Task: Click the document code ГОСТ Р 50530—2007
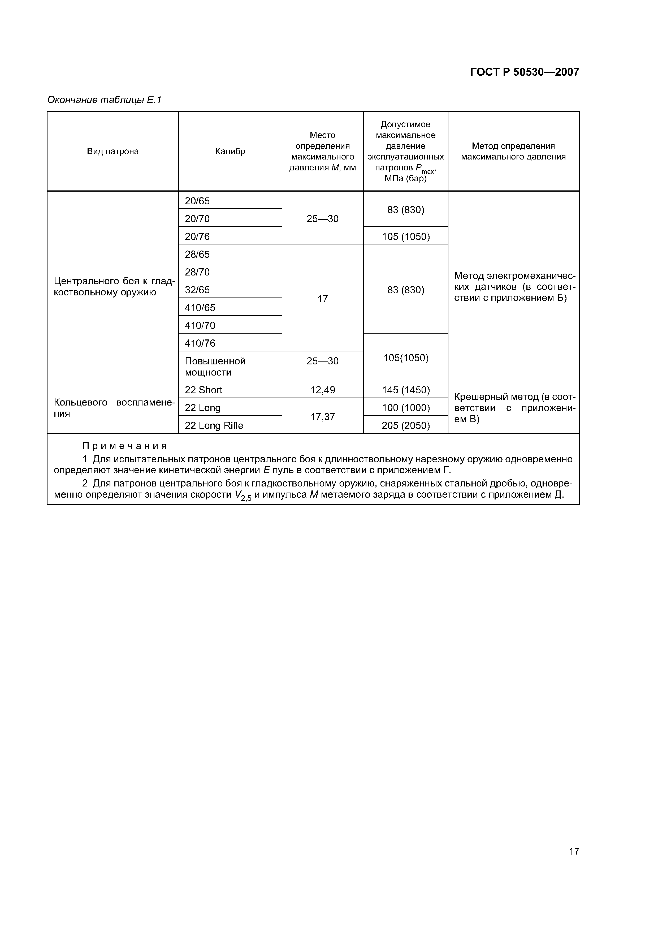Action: (524, 72)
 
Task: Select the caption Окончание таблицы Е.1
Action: (104, 100)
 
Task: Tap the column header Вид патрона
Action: (113, 151)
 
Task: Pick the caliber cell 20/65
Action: (197, 201)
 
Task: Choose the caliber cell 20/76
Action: (197, 236)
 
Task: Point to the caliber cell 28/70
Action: (197, 272)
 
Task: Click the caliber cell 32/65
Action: (197, 290)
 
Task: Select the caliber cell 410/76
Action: (200, 343)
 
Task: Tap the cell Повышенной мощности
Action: (215, 367)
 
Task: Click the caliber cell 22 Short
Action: (204, 390)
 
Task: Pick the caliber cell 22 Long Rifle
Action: (214, 425)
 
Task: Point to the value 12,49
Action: (323, 390)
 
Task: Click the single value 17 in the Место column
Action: (323, 299)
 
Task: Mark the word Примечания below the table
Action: (124, 446)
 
